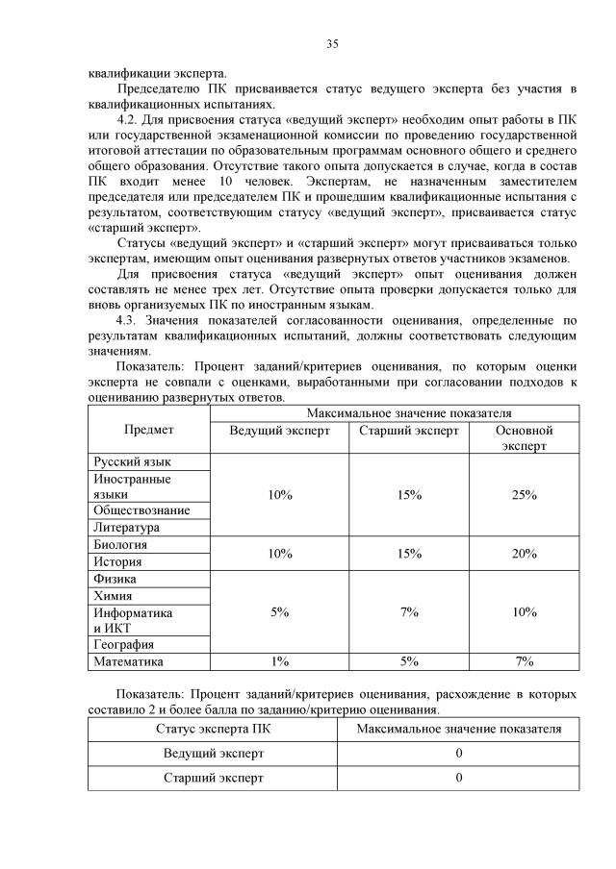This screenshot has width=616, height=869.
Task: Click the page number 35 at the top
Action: pyautogui.click(x=332, y=43)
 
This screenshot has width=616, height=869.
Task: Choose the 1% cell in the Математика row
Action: pyautogui.click(x=280, y=661)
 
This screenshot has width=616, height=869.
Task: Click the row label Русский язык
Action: pyautogui.click(x=133, y=462)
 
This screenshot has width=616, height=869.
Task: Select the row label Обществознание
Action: pyautogui.click(x=141, y=510)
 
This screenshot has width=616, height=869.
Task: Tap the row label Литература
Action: pyautogui.click(x=126, y=528)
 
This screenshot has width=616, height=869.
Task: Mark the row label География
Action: pyautogui.click(x=124, y=645)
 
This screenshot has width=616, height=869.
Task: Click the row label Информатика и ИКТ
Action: pyautogui.click(x=133, y=620)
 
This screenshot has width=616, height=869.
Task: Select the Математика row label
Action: pyautogui.click(x=129, y=661)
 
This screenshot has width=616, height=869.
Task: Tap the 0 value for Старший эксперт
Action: pyautogui.click(x=459, y=778)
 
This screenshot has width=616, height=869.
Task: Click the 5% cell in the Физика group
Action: pyautogui.click(x=280, y=612)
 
